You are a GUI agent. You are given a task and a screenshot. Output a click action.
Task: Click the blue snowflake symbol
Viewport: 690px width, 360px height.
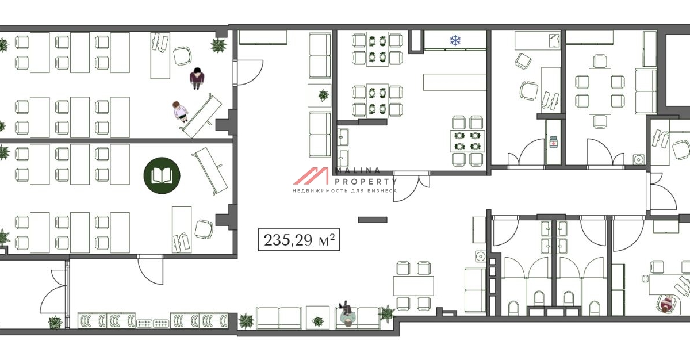click(455, 40)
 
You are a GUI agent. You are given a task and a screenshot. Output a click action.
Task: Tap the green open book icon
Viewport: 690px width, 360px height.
click(162, 175)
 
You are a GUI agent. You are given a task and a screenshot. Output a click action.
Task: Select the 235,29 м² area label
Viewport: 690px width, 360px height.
click(299, 240)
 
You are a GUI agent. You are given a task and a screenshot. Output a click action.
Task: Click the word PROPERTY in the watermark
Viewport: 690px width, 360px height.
click(366, 182)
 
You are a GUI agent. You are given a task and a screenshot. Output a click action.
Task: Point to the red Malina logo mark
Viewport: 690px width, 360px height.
click(311, 176)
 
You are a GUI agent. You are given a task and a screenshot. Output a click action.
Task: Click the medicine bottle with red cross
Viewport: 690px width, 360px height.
click(554, 142)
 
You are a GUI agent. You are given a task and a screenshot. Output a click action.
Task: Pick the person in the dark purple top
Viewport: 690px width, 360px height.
click(197, 79)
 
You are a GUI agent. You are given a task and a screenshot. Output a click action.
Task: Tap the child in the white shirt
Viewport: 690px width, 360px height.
click(180, 112)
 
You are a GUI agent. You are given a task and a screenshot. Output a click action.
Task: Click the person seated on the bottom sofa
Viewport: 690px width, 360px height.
click(347, 314)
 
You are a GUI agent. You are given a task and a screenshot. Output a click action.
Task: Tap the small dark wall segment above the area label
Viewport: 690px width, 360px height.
click(373, 220)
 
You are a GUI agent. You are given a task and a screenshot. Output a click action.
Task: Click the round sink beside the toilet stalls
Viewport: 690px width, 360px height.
click(481, 256)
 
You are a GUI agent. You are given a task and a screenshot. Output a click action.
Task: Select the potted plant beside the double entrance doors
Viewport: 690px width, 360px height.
click(55, 323)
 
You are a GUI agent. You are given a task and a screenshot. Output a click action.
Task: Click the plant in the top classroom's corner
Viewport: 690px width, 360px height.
click(218, 45)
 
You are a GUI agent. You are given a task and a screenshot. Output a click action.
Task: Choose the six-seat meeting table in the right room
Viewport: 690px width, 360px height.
click(600, 91)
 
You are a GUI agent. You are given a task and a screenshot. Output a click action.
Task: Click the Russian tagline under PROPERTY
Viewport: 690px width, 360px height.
click(344, 190)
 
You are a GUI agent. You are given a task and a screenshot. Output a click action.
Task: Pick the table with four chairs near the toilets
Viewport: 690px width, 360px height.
click(413, 286)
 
